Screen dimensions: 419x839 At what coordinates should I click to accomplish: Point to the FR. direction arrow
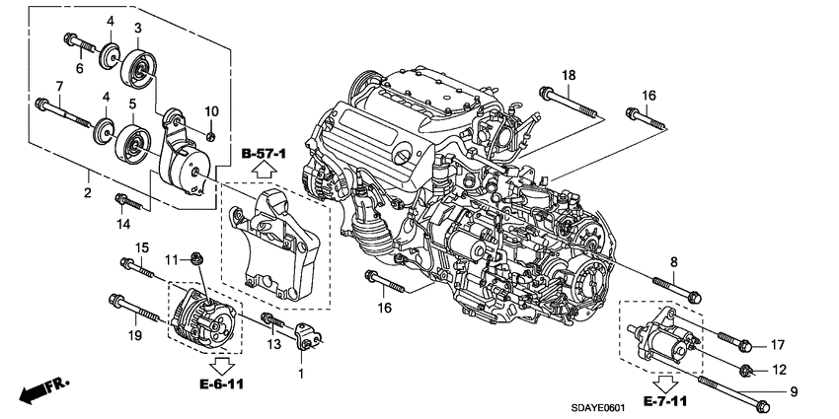tap(39, 389)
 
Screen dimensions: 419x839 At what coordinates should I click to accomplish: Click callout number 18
tap(569, 76)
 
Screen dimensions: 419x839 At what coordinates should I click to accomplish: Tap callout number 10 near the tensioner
tap(210, 109)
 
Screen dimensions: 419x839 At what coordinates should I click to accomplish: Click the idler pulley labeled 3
tap(135, 69)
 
